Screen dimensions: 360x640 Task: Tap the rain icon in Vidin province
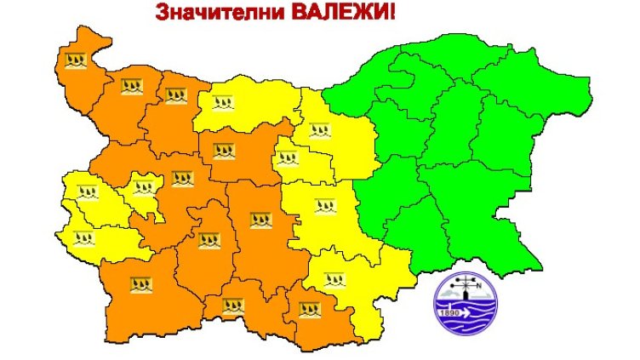[77, 60]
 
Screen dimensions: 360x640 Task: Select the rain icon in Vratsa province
[175, 94]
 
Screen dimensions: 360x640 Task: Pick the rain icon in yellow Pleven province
[225, 104]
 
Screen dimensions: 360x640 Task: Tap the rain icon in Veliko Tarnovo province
[320, 131]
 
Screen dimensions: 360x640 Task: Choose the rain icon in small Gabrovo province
[289, 157]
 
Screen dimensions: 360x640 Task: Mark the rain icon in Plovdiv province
[260, 220]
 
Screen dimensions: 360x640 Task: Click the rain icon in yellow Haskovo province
[335, 279]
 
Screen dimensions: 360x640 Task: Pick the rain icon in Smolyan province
[232, 305]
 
